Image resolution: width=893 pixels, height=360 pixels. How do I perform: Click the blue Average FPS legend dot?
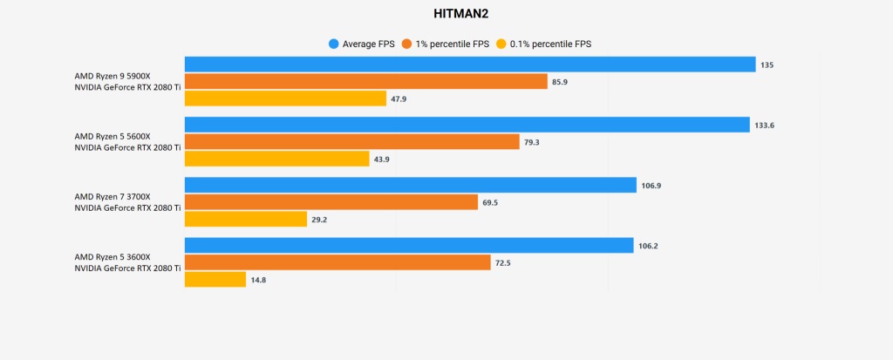pyautogui.click(x=333, y=44)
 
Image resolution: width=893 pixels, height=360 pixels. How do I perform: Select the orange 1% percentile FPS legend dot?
pyautogui.click(x=406, y=44)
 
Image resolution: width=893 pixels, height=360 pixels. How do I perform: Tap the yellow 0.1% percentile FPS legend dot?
pyautogui.click(x=501, y=44)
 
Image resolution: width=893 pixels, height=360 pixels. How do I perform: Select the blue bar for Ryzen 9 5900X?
pyautogui.click(x=469, y=65)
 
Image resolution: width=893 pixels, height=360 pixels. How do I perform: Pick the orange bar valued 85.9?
pyautogui.click(x=365, y=81)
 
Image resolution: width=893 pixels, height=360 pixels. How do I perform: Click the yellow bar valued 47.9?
pyautogui.click(x=285, y=98)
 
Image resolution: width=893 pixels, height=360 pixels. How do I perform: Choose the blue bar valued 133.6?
pyautogui.click(x=467, y=125)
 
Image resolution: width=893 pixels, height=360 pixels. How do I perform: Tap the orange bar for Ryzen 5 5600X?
pyautogui.click(x=351, y=142)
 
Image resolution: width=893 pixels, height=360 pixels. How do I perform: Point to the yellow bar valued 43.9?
pyautogui.click(x=276, y=159)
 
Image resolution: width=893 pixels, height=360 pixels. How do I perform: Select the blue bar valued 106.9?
pyautogui.click(x=410, y=185)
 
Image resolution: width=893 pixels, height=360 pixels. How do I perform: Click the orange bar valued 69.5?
pyautogui.click(x=331, y=202)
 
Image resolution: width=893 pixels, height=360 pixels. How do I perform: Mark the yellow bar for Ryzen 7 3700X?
pyautogui.click(x=246, y=220)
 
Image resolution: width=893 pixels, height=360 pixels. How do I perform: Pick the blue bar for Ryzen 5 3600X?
pyautogui.click(x=408, y=246)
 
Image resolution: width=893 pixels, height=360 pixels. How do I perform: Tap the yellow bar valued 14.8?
pyautogui.click(x=215, y=280)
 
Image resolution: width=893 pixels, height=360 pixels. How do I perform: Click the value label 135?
pyautogui.click(x=767, y=65)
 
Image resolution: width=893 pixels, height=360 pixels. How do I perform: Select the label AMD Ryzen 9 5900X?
pyautogui.click(x=112, y=76)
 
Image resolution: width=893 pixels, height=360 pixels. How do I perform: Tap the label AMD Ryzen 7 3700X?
pyautogui.click(x=112, y=196)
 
